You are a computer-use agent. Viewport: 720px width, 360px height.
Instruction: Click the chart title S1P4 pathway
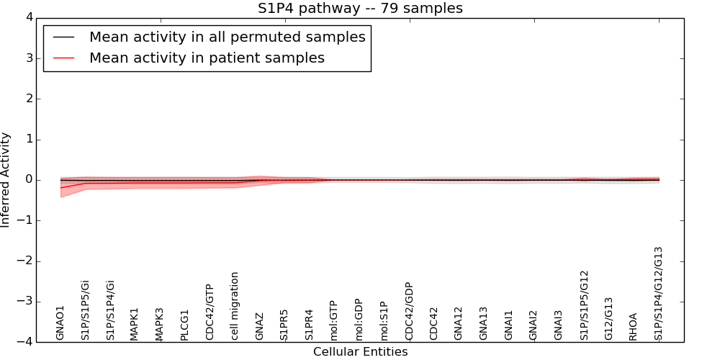(x=360, y=9)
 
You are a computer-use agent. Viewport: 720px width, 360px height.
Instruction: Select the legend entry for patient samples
(x=207, y=58)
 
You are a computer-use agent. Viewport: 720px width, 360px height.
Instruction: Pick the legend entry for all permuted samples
(x=227, y=37)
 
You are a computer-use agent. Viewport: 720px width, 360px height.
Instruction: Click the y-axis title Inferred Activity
(x=6, y=180)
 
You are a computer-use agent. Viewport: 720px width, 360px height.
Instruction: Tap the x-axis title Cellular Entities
(x=360, y=352)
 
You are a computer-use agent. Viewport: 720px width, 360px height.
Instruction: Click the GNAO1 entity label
(x=60, y=323)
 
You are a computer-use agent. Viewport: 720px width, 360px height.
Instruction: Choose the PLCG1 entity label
(x=184, y=324)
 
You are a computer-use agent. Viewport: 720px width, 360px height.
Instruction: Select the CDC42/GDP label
(x=409, y=311)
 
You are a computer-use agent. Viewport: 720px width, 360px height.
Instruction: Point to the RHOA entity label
(x=634, y=326)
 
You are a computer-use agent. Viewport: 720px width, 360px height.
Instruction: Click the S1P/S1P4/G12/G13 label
(x=658, y=293)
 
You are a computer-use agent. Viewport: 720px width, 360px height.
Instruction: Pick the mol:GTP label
(x=333, y=320)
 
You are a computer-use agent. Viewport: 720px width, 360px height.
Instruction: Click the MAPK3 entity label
(x=160, y=324)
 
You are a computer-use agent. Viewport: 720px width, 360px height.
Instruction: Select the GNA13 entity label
(x=484, y=323)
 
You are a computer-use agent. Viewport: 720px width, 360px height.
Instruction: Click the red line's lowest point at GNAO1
(x=61, y=188)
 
